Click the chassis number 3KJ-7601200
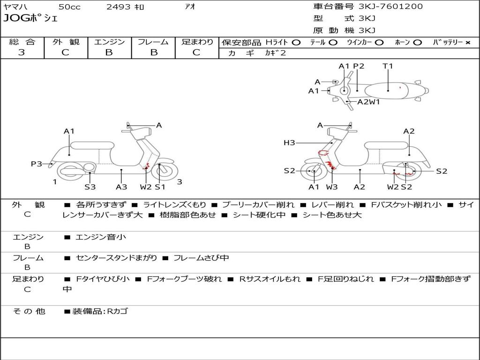click(x=390, y=7)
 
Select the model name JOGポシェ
click(x=30, y=18)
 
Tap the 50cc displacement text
click(x=69, y=7)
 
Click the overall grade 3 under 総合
click(x=22, y=52)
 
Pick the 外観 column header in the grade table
click(x=66, y=42)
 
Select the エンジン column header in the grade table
click(x=109, y=42)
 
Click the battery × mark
click(x=468, y=43)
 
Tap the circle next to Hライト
click(x=296, y=43)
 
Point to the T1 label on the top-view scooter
click(x=388, y=66)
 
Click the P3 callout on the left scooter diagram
click(x=37, y=164)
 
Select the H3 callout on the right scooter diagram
click(x=289, y=142)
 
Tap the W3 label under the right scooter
click(x=331, y=187)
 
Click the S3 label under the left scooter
click(x=90, y=187)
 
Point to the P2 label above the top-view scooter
click(x=359, y=66)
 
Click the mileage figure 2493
click(x=119, y=7)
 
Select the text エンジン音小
click(x=100, y=237)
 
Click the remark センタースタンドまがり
click(x=116, y=258)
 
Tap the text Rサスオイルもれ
click(x=270, y=279)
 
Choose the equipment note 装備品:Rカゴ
click(x=100, y=311)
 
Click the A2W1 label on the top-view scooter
click(x=368, y=102)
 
